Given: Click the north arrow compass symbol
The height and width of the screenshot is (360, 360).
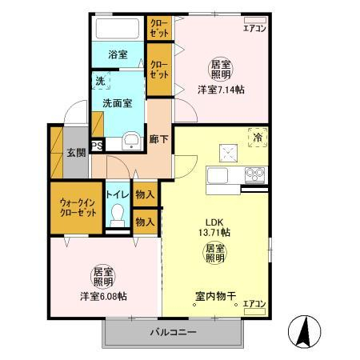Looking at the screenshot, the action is (305, 331).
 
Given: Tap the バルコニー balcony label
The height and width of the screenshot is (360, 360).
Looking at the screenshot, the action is (173, 332).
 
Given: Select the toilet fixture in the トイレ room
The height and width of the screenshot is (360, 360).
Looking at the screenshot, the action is (118, 215).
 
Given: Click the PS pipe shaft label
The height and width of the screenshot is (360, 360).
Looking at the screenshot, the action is (97, 146).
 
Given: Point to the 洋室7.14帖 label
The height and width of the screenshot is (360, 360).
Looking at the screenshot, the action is (221, 90).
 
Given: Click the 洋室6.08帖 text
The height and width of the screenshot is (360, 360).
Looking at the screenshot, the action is (103, 296).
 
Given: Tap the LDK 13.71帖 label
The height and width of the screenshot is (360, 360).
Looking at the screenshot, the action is (214, 227).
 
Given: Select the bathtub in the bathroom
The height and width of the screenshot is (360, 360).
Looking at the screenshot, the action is (118, 29).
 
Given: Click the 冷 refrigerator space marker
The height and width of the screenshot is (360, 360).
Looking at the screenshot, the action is (258, 138).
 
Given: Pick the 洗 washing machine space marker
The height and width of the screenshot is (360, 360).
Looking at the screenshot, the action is (101, 81).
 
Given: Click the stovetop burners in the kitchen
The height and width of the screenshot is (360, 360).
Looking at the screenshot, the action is (255, 174).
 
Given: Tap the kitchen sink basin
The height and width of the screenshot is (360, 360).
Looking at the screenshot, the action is (218, 175).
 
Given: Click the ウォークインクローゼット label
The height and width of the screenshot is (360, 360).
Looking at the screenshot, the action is (78, 207).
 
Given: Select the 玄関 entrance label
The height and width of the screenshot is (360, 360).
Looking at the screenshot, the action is (76, 153).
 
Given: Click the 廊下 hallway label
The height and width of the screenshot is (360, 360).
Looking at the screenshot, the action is (158, 138).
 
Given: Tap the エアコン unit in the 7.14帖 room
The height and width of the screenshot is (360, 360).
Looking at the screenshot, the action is (255, 20).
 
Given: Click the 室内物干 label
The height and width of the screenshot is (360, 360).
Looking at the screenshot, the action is (215, 296).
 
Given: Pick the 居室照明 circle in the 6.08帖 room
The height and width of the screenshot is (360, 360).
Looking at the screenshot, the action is (103, 277).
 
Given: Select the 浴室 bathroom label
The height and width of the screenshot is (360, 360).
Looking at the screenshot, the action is (118, 54).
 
